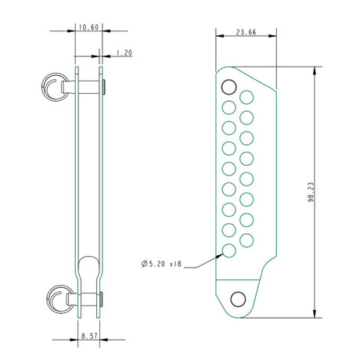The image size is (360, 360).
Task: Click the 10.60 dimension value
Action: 88,27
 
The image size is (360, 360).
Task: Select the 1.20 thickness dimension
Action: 124,53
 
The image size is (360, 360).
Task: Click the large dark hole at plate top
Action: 229,86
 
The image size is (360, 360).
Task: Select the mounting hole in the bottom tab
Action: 238,298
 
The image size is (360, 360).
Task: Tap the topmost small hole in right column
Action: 247,97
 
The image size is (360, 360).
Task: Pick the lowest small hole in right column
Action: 247,239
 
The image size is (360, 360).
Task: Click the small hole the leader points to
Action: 229,250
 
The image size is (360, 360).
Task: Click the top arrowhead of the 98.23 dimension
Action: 315,70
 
